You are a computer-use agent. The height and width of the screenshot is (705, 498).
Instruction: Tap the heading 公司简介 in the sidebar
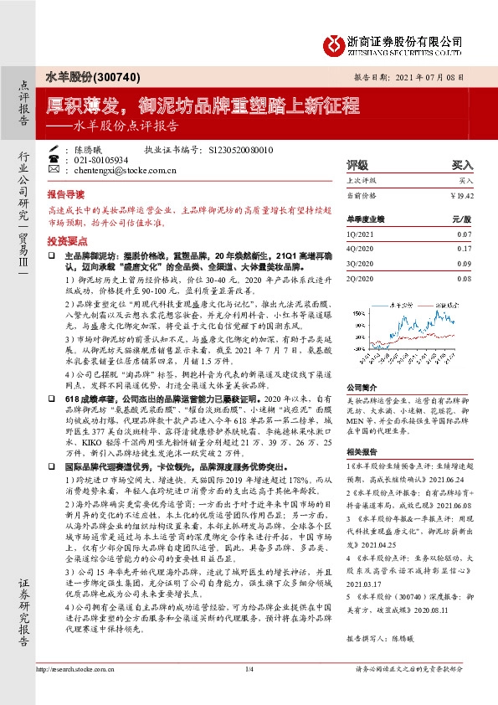coord(362,388)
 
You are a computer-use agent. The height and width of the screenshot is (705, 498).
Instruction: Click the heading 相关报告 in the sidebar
coord(362,452)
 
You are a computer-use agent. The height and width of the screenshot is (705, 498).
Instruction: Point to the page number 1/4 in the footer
coord(249,693)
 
